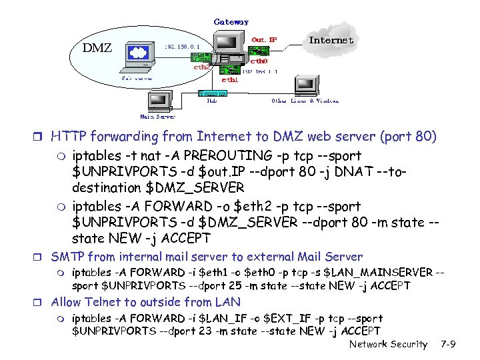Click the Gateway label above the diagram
coord(231,21)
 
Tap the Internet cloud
coord(331,40)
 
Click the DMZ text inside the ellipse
coord(97,47)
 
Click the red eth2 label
coord(202,67)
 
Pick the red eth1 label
coord(230,79)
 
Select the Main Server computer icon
coord(159,100)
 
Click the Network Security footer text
coord(389,344)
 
